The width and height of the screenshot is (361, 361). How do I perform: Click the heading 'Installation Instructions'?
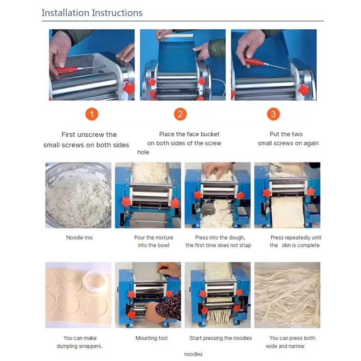tap(92, 13)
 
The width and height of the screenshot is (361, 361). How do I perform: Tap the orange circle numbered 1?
tap(92, 114)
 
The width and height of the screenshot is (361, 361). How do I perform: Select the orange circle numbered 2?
tap(180, 114)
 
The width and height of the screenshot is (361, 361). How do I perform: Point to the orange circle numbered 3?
tap(273, 114)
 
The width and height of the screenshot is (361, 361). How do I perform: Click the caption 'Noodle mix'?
tap(79, 237)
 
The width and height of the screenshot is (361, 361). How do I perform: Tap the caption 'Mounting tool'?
tap(152, 338)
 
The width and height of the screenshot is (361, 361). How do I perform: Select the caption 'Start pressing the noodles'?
tap(221, 338)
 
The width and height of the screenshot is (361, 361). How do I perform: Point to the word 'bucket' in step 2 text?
tap(209, 134)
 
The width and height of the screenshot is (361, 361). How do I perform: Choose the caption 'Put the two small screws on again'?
tap(288, 139)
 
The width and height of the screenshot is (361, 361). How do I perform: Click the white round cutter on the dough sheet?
tap(97, 282)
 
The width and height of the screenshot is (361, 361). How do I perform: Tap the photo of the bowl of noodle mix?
tap(79, 195)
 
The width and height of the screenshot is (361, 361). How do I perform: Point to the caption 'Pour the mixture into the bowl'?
tap(153, 241)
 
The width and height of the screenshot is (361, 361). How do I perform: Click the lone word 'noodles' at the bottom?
tap(193, 354)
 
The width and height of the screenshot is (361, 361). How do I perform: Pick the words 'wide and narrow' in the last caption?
tap(285, 346)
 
